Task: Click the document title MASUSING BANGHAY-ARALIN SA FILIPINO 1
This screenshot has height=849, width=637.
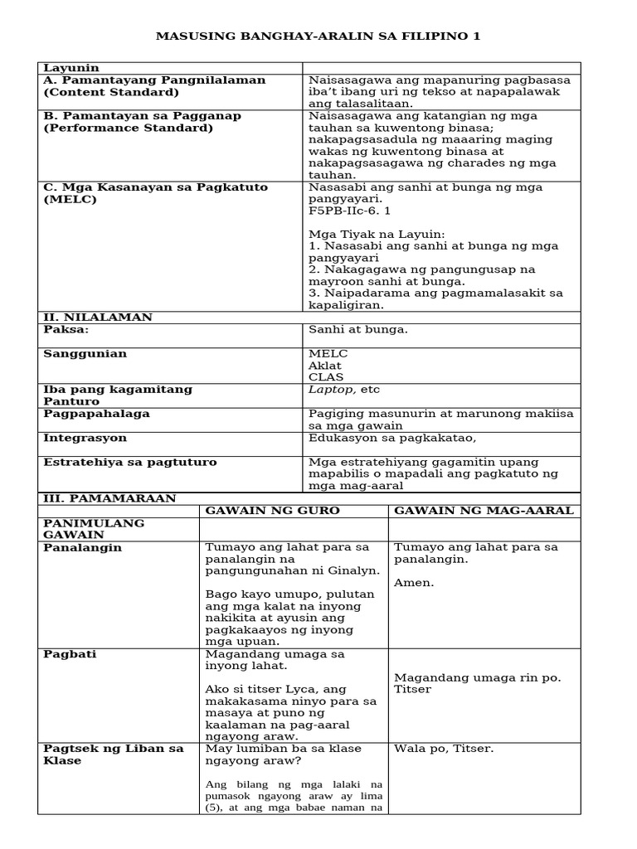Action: (318, 36)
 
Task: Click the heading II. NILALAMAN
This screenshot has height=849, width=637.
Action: (98, 318)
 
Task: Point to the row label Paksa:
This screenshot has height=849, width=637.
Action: (66, 330)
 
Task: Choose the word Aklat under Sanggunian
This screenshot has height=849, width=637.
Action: (325, 366)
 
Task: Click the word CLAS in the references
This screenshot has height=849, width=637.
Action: (326, 377)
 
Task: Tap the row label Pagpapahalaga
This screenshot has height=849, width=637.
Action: (96, 414)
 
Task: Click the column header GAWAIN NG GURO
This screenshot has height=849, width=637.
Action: (273, 511)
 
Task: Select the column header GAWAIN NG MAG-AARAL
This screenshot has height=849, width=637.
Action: (484, 511)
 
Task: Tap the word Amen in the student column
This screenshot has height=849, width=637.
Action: (413, 583)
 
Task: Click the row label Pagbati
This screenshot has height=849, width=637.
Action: (70, 654)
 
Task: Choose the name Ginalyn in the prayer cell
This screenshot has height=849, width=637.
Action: (356, 571)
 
